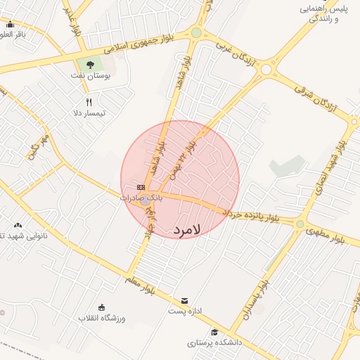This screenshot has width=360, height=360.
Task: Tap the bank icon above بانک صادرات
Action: click(141, 188)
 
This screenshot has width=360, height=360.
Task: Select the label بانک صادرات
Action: click(141, 198)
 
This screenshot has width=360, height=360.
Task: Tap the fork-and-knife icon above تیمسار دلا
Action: click(89, 102)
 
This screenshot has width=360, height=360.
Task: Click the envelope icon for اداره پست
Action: click(185, 300)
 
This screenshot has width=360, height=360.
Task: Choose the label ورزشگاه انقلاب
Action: click(103, 319)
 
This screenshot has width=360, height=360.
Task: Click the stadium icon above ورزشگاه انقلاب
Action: click(102, 307)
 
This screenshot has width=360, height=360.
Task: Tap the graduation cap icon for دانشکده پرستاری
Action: click(214, 333)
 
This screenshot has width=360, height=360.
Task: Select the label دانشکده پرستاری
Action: click(214, 343)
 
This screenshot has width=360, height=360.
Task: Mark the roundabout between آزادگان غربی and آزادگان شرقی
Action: click(266, 69)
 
